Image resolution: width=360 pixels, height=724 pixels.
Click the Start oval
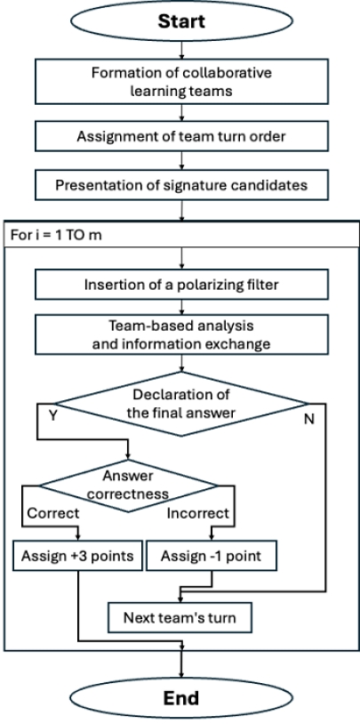pos(180,20)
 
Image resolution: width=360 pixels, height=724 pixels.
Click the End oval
pos(180,699)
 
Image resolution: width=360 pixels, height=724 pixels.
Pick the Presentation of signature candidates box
pos(180,185)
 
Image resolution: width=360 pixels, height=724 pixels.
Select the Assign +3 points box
pos(79,558)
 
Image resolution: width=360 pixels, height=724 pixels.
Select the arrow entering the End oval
pos(180,668)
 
